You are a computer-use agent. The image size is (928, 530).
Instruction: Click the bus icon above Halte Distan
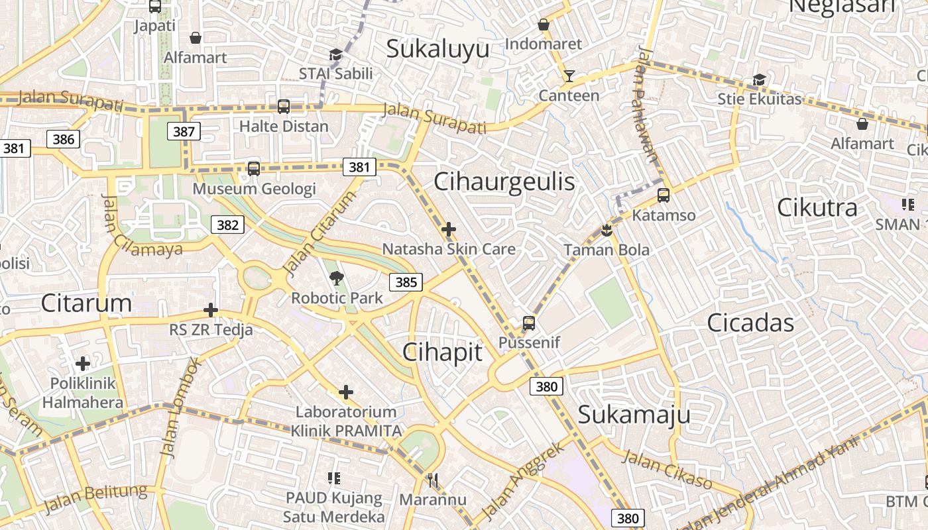pyautogui.click(x=284, y=106)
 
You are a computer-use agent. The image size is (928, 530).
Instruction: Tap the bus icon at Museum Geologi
pyautogui.click(x=253, y=168)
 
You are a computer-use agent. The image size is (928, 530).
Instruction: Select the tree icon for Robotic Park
pyautogui.click(x=337, y=278)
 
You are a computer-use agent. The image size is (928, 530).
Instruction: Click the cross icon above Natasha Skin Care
pyautogui.click(x=449, y=229)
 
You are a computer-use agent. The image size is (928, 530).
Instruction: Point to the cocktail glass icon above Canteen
pyautogui.click(x=569, y=76)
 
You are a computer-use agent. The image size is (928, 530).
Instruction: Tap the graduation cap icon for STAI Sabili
pyautogui.click(x=335, y=54)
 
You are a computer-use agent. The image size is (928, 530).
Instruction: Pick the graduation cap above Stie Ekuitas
pyautogui.click(x=759, y=80)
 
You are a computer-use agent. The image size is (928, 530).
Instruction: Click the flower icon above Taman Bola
pyautogui.click(x=607, y=231)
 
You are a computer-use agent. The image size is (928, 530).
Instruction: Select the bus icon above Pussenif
pyautogui.click(x=528, y=323)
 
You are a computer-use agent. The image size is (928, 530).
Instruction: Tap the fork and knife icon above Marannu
pyautogui.click(x=432, y=480)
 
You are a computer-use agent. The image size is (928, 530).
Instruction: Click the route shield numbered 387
pyautogui.click(x=184, y=131)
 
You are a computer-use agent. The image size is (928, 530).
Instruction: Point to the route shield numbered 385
pyautogui.click(x=406, y=282)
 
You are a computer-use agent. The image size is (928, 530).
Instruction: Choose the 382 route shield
pyautogui.click(x=227, y=225)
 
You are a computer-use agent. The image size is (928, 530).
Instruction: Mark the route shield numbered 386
pyautogui.click(x=63, y=138)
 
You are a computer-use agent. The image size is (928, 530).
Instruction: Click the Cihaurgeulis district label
pyautogui.click(x=504, y=182)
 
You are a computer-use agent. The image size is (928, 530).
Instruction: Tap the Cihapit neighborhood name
pyautogui.click(x=442, y=352)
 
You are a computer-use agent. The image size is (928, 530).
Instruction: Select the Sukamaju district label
pyautogui.click(x=634, y=415)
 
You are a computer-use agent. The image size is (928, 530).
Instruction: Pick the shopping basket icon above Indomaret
pyautogui.click(x=544, y=25)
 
